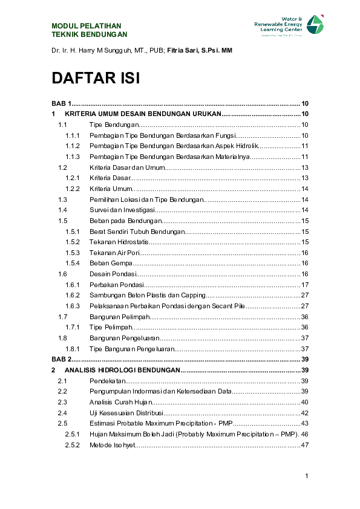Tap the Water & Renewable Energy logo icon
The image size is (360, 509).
[315, 25]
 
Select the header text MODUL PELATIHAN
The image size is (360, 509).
[87, 26]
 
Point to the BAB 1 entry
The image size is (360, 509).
[62, 103]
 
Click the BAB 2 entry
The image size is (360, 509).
[62, 359]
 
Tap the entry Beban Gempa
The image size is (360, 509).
[109, 263]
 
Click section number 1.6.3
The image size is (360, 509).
[73, 306]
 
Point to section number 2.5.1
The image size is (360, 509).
[73, 434]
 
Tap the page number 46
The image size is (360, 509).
[305, 434]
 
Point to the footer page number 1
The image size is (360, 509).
[307, 476]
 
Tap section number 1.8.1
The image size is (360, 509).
[73, 349]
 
